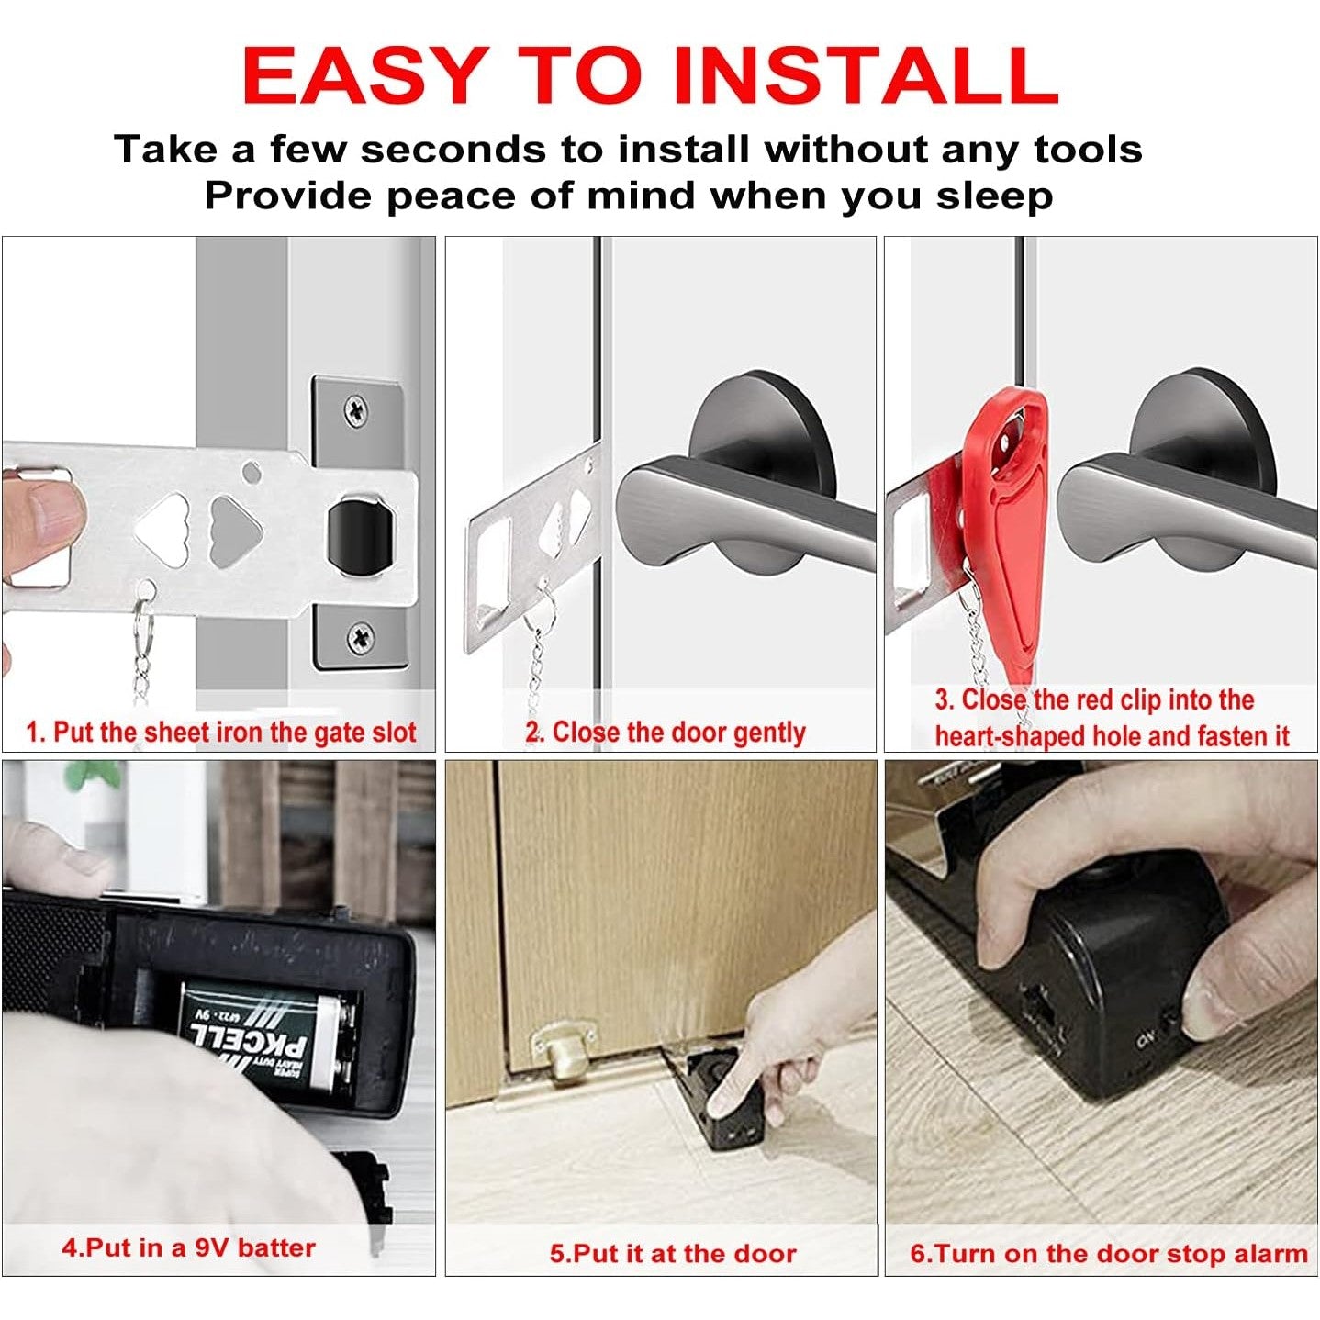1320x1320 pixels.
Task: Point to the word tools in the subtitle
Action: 1089,149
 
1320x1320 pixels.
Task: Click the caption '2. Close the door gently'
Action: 666,733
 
